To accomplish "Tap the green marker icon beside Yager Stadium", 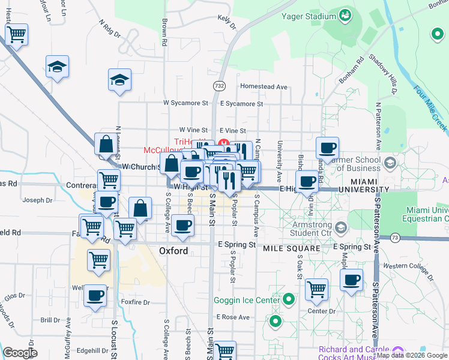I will (345, 14).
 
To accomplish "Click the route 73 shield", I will (395, 238).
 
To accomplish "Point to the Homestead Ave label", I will (264, 87).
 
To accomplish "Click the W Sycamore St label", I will (186, 103).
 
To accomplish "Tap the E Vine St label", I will (232, 131).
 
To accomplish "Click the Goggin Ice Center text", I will (247, 300).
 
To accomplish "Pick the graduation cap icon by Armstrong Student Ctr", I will (341, 227).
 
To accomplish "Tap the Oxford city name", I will (173, 251).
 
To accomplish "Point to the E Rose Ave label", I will (234, 317).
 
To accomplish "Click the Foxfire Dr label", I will (134, 302).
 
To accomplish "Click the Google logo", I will (20, 353).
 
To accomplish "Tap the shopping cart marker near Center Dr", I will (316, 290).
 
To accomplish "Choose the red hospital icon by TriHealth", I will (223, 142).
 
